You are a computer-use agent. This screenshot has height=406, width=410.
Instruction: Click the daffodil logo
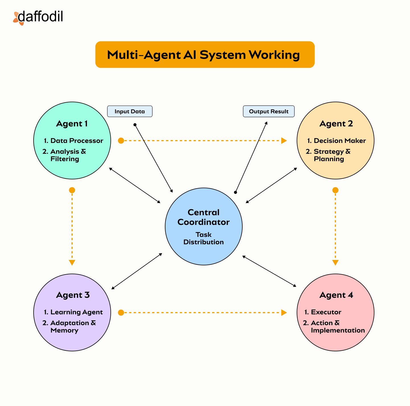tap(38, 17)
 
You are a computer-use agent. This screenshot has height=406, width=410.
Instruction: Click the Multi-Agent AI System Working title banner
tap(205, 55)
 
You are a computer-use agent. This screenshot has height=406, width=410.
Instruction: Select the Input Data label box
tap(130, 111)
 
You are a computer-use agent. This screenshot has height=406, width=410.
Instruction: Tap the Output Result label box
tap(268, 111)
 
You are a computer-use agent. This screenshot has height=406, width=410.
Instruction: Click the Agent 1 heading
tap(72, 124)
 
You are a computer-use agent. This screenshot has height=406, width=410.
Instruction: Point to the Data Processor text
tap(77, 141)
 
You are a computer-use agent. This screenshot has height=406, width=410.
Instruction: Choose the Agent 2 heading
tap(336, 124)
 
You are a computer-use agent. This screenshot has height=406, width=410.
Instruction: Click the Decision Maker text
tap(340, 141)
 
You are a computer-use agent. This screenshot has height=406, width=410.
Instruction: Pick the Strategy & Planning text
tap(332, 155)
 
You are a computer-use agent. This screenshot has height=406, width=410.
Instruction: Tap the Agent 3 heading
tap(73, 295)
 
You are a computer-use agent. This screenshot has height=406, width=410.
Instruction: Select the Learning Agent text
tap(76, 312)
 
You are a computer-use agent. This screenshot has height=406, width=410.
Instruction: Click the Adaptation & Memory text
tap(73, 327)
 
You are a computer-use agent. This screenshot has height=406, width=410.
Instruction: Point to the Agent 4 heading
tap(336, 295)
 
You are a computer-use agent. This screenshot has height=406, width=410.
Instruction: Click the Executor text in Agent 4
tap(326, 312)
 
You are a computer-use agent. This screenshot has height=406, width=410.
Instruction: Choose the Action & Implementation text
tap(338, 327)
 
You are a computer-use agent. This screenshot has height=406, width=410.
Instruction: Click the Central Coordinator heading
tap(204, 217)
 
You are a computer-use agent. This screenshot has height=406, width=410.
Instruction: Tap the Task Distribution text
tap(204, 238)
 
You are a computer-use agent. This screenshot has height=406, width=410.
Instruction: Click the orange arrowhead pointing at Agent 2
tap(284, 141)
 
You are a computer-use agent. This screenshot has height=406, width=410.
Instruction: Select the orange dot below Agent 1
tap(72, 190)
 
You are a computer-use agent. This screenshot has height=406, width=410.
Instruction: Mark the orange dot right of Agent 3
tap(121, 313)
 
